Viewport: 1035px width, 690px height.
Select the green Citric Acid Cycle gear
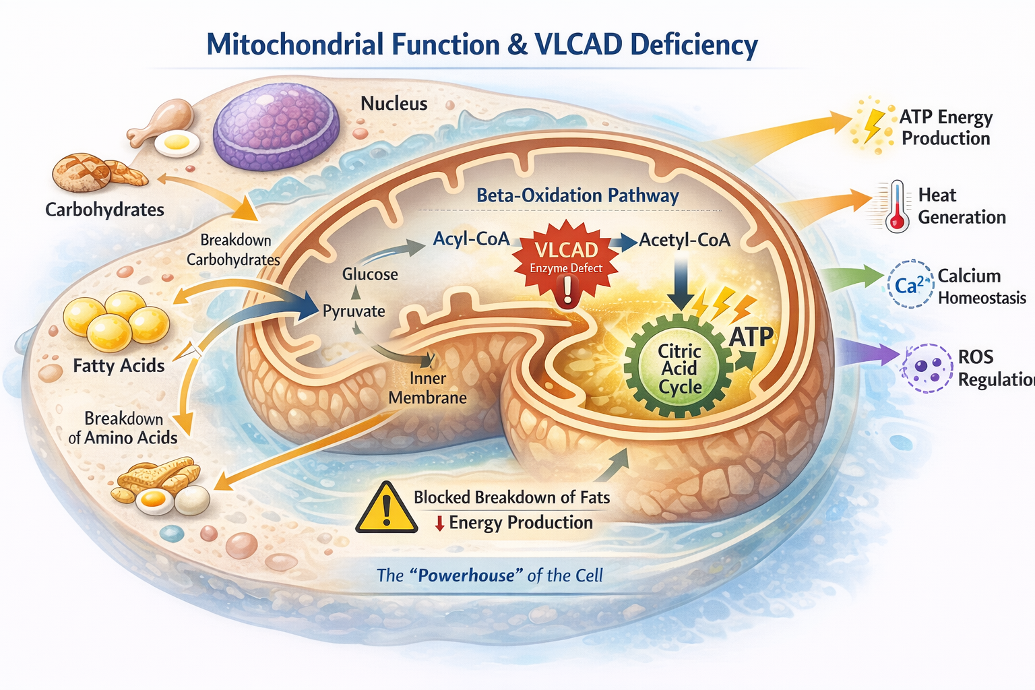pyautogui.click(x=679, y=368)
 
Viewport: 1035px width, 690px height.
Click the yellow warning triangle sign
pyautogui.click(x=386, y=509)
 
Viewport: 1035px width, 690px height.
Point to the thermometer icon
pyautogui.click(x=897, y=206)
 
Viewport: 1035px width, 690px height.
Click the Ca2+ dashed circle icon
pyautogui.click(x=910, y=285)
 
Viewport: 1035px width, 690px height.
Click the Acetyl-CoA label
pyautogui.click(x=685, y=240)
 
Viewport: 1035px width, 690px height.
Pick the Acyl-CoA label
pyautogui.click(x=471, y=239)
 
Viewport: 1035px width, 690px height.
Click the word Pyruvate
pyautogui.click(x=354, y=311)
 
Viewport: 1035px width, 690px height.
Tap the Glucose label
pyautogui.click(x=370, y=274)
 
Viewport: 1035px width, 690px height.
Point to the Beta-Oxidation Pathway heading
pyautogui.click(x=577, y=195)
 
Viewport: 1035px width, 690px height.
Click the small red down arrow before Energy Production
pyautogui.click(x=439, y=523)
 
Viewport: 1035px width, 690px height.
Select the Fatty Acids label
pyautogui.click(x=119, y=366)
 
